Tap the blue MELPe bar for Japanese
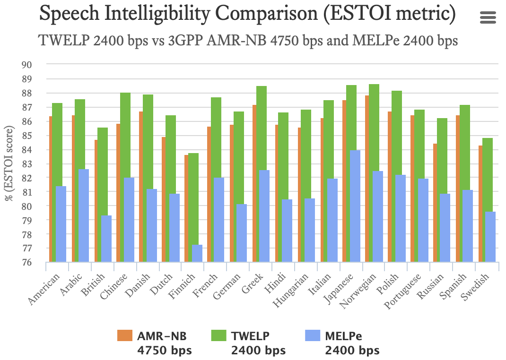355,206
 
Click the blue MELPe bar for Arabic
83,215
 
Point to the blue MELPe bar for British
106,239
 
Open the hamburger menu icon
488,18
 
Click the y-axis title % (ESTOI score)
9,163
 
